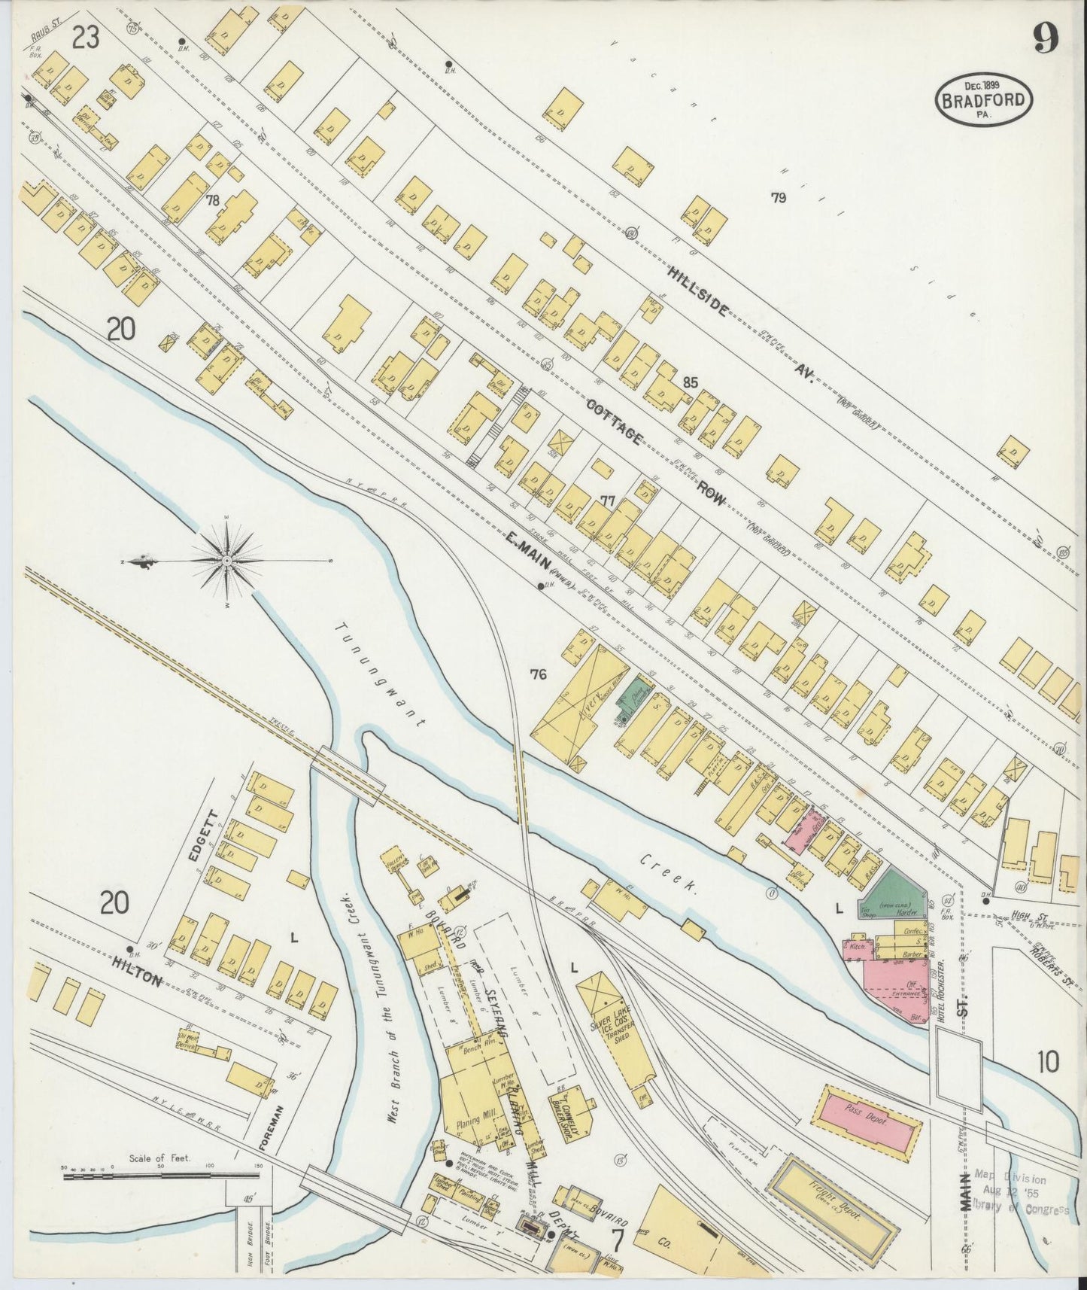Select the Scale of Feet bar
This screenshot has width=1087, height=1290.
click(x=162, y=1175)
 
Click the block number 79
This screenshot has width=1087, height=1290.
click(x=778, y=198)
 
